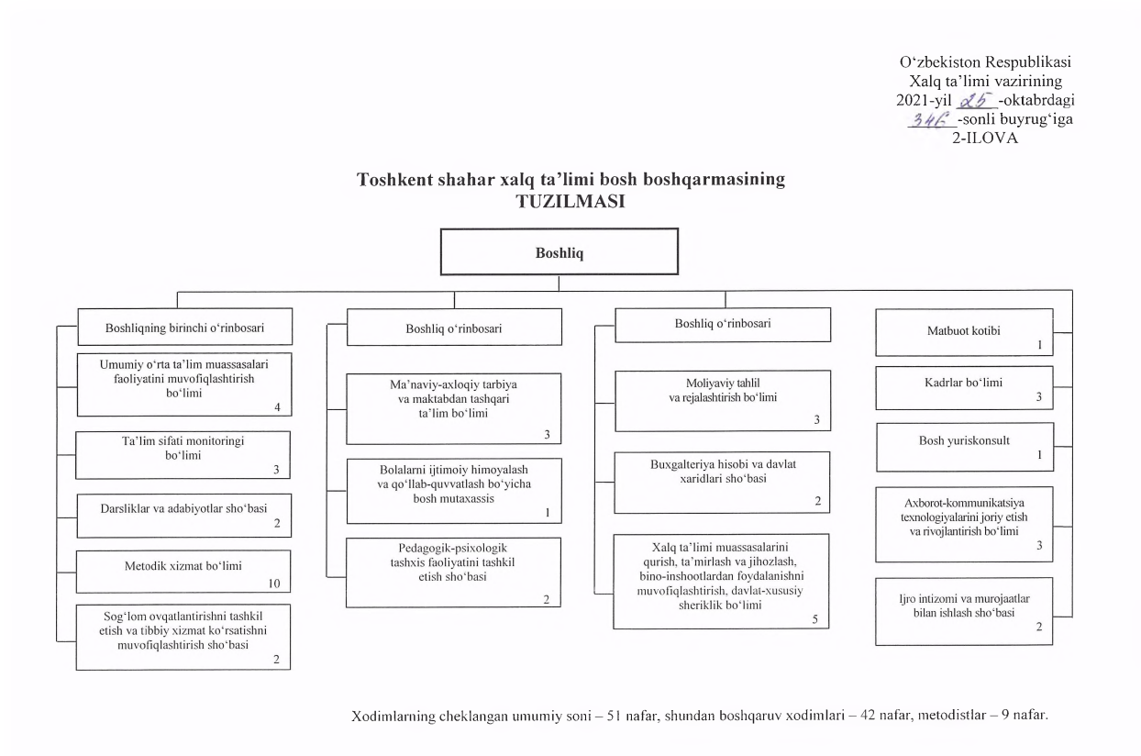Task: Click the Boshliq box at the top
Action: point(559,252)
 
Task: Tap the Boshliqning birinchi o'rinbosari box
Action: point(184,326)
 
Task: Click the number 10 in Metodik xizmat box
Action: point(272,584)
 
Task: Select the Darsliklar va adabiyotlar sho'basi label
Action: point(183,506)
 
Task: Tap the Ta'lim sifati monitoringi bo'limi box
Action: point(183,453)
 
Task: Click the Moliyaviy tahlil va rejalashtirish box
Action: point(722,400)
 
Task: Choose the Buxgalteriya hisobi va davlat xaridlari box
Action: point(722,482)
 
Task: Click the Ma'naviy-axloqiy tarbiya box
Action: point(453,407)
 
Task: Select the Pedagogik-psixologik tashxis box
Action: point(453,571)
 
